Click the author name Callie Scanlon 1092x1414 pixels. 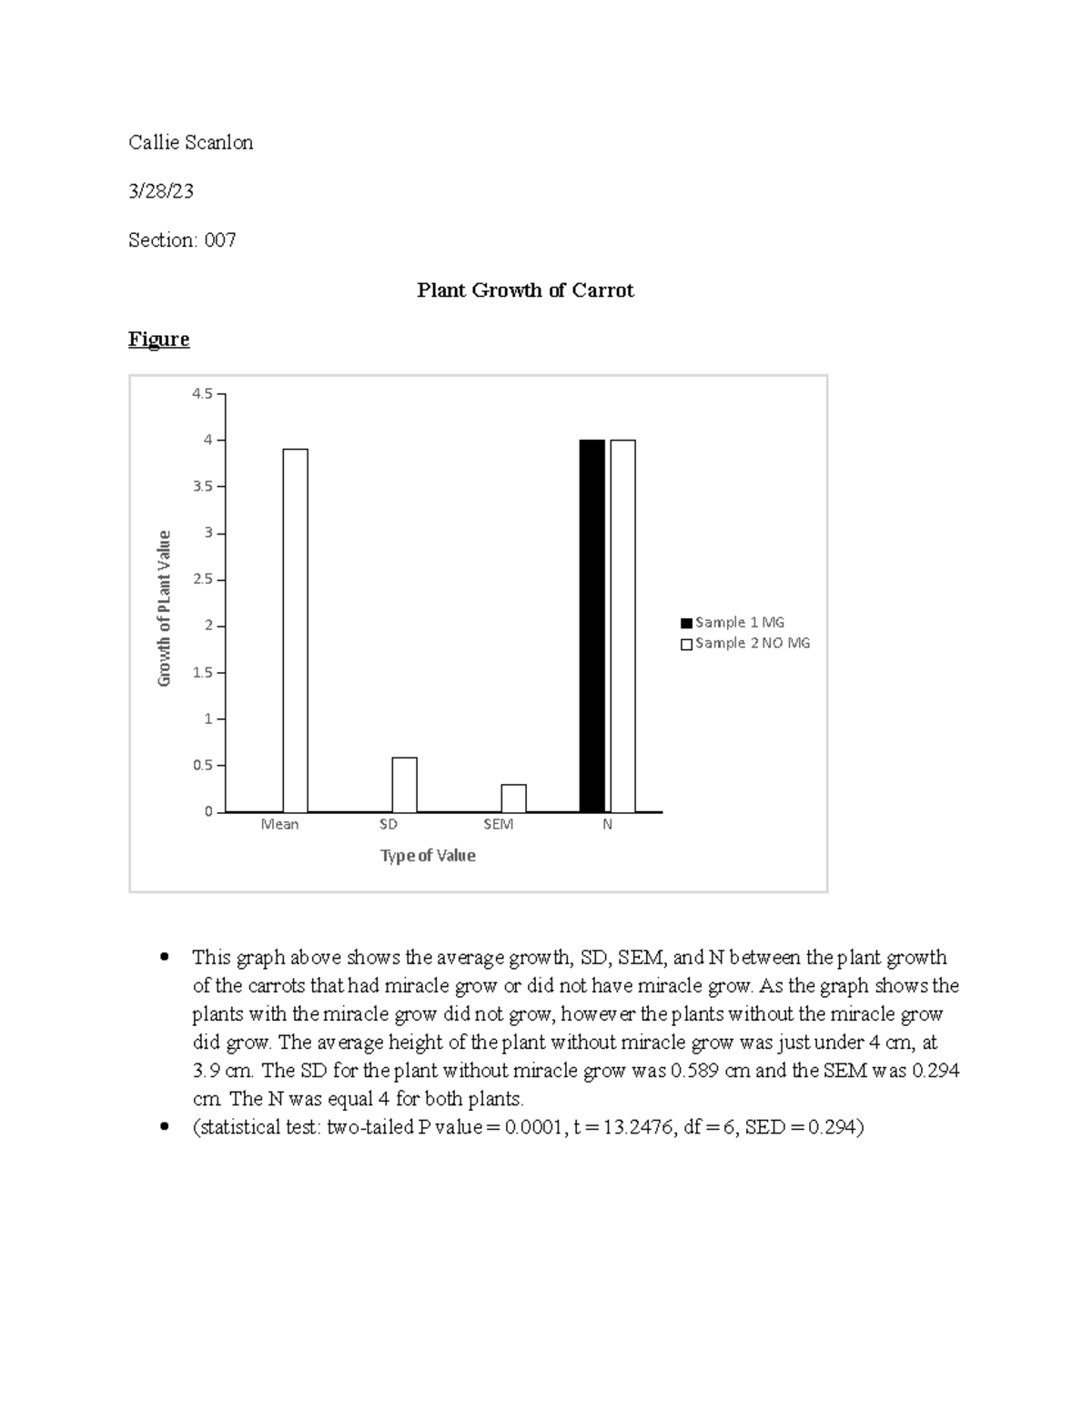[x=190, y=142]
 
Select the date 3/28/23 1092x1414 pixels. [x=160, y=191]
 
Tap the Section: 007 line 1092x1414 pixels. [x=182, y=240]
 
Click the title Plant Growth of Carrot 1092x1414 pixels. [x=524, y=290]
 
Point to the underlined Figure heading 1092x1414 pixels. [x=158, y=340]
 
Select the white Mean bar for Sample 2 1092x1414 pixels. [x=295, y=630]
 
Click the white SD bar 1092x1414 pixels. [x=404, y=785]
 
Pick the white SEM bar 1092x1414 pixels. [x=513, y=799]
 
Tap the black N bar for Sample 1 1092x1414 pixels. [x=591, y=626]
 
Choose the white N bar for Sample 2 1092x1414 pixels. [x=622, y=626]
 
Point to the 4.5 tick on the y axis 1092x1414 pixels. [x=202, y=394]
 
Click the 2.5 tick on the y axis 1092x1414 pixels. [x=202, y=580]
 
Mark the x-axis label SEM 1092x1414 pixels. [x=498, y=825]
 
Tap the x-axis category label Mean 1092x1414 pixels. [x=279, y=825]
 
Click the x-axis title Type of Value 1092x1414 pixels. [x=428, y=856]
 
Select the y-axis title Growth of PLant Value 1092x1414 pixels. [x=165, y=608]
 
